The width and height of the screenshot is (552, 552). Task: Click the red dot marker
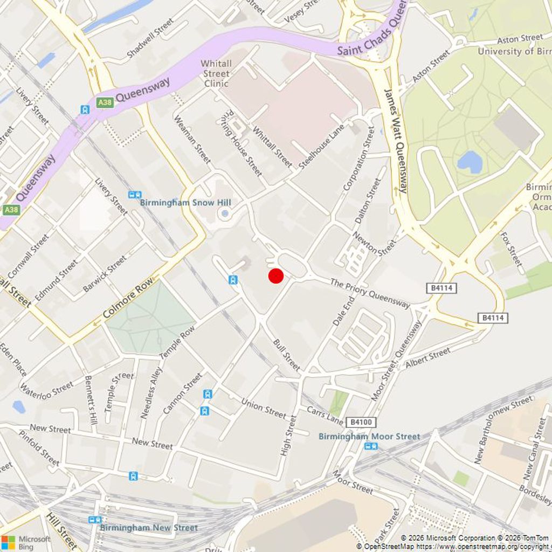[x=276, y=276]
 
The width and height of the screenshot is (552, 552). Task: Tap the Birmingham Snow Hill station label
[x=185, y=203]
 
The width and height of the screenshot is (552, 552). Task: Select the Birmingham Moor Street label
[x=369, y=436]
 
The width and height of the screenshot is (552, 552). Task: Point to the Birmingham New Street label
[x=149, y=528]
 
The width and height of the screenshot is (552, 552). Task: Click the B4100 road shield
[x=361, y=422]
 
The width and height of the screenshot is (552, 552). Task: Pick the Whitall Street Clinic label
[x=216, y=73]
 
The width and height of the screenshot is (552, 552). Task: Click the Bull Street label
[x=286, y=355]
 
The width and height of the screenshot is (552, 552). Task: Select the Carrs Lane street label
[x=325, y=414]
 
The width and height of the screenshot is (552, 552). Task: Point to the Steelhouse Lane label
[x=321, y=147]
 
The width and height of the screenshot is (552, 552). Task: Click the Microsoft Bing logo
[x=25, y=542]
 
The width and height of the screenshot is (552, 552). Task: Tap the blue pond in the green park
[x=470, y=162]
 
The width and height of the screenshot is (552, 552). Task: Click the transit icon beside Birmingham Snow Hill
[x=134, y=195]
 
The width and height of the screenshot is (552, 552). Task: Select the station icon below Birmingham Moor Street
[x=371, y=446]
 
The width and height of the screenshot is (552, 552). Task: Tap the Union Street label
[x=263, y=408]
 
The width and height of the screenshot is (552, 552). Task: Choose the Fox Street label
[x=511, y=249]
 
